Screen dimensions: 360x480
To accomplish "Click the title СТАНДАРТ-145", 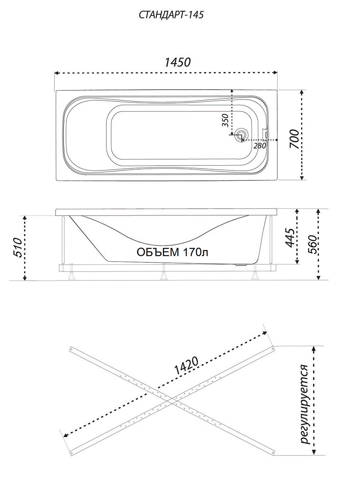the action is click(x=171, y=15).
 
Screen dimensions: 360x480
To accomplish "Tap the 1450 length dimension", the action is click(x=178, y=62).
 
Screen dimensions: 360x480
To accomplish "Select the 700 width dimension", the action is click(x=294, y=139).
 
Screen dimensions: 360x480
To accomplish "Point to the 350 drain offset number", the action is click(x=225, y=120).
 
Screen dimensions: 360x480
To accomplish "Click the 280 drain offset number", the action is click(x=260, y=146).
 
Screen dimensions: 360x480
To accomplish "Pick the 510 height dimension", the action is click(x=18, y=247).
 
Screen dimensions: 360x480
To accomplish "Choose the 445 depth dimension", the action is click(x=291, y=238).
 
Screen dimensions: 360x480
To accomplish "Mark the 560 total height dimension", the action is click(x=312, y=244).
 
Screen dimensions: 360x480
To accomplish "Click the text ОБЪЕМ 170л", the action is click(x=172, y=252).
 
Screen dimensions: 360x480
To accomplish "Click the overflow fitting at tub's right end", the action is click(x=265, y=134).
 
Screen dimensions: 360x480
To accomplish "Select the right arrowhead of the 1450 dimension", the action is click(x=275, y=73).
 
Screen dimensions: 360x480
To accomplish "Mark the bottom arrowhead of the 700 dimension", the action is click(x=302, y=178).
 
